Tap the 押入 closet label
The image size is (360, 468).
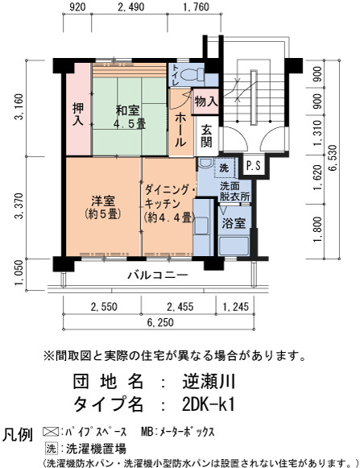(78, 114)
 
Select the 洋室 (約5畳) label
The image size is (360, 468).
(103, 208)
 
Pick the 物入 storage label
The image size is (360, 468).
(205, 101)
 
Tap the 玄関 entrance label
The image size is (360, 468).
(206, 136)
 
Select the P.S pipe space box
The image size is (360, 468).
(253, 165)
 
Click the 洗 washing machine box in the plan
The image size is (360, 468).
(226, 168)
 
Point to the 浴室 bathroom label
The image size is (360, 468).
(234, 222)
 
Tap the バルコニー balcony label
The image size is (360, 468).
(158, 275)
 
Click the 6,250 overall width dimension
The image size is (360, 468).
(160, 322)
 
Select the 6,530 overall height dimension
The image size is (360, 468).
(333, 158)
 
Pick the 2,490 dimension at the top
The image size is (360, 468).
(131, 7)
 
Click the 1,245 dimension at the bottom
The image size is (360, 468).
(235, 307)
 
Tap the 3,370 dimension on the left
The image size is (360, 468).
(19, 206)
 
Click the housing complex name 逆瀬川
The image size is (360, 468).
(209, 382)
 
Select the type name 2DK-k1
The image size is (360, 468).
(209, 404)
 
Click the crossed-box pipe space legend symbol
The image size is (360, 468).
(51, 432)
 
